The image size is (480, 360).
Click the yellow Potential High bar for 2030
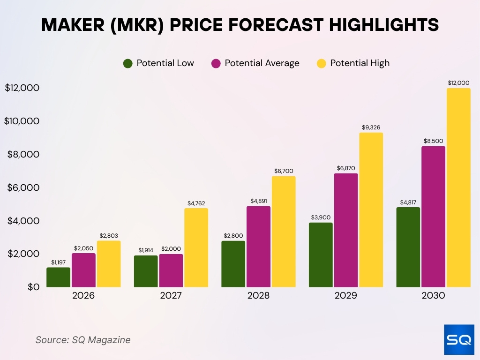point(458,187)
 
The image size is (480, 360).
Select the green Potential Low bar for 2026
point(59,277)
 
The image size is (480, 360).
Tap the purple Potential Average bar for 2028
point(259,247)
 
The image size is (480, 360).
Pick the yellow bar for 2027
point(196,247)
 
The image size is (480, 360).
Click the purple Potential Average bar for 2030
point(433,217)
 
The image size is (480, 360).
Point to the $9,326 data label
point(371,127)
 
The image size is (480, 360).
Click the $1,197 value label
point(59,262)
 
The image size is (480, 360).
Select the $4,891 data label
point(259,201)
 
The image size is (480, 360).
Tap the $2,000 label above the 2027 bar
point(171,249)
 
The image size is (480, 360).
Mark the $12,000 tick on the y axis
point(22,88)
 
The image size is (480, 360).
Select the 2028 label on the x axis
point(258,296)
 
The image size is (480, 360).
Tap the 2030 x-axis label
point(433,296)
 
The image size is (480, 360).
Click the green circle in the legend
point(128,63)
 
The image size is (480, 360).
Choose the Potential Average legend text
point(262,63)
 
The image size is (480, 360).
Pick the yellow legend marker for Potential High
point(322,63)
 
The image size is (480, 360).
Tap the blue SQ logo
point(458,340)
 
